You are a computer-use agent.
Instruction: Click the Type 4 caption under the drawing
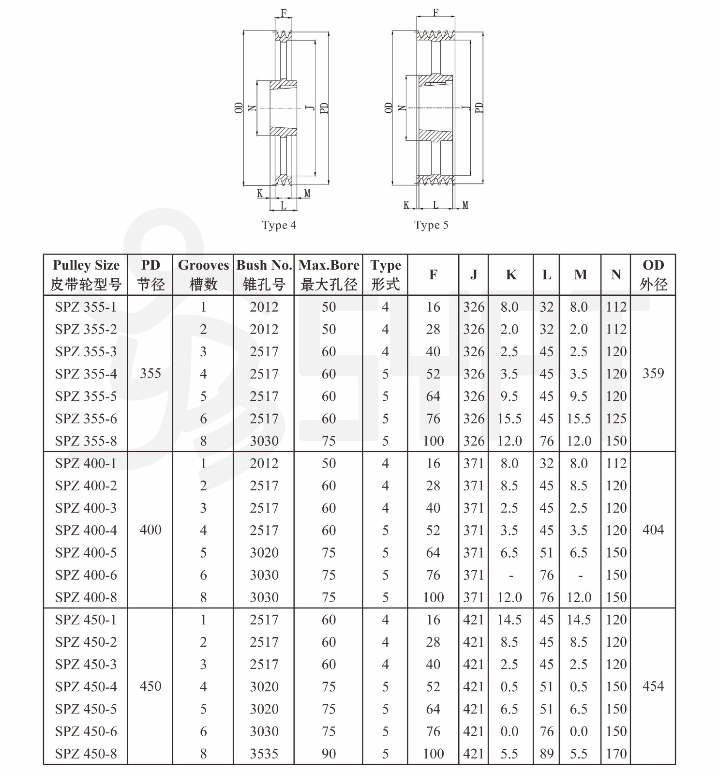pos(279,225)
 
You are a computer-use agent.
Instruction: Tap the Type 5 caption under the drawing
pos(431,225)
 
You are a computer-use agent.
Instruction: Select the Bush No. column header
pos(264,274)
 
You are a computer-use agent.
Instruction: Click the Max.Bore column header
pos(329,274)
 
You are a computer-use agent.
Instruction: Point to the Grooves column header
pos(203,274)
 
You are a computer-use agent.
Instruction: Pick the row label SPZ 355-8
pos(86,441)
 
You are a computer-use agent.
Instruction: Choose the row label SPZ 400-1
pos(86,463)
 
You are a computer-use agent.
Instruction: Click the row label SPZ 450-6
pos(86,731)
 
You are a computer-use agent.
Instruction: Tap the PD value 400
pos(150,530)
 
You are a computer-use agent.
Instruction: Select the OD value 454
pos(653,686)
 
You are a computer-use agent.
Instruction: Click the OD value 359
pos(653,374)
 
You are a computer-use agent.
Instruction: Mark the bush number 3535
pos(264,754)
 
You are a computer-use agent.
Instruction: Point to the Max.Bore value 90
pos(329,754)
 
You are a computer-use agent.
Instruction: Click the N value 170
pos(616,754)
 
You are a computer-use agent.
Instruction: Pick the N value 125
pos(616,419)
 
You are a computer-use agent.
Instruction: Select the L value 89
pos(547,754)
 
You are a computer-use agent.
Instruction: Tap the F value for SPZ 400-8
pos(433,597)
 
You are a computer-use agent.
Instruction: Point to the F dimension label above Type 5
pos(435,13)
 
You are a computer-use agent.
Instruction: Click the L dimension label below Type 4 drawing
pos(283,205)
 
